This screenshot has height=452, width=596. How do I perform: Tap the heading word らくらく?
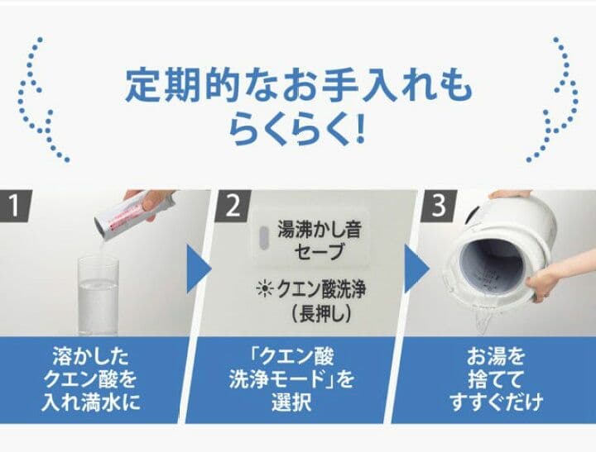[x=297, y=130]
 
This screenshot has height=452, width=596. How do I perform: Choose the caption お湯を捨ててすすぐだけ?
[x=497, y=380]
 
